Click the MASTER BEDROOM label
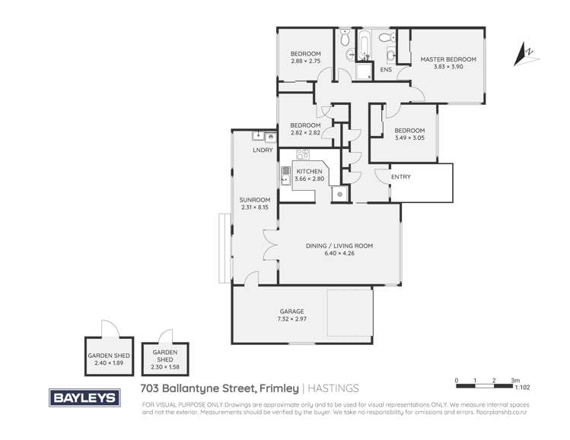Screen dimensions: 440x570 coord(443,59)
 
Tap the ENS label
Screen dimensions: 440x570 coord(386,71)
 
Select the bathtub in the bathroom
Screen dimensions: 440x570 coord(365,45)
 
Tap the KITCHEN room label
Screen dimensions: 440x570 coord(309,172)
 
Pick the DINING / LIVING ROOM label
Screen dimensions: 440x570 coord(339,246)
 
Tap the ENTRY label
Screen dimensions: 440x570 coord(400,177)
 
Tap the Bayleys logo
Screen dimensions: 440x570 coord(84,397)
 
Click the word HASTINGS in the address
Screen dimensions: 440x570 coord(333,388)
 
